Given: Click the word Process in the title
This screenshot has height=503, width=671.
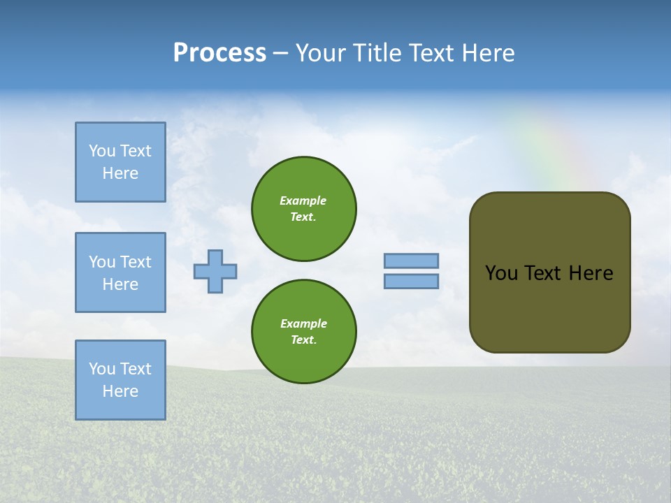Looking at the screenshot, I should point(219,53).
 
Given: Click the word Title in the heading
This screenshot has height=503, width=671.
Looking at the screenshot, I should point(375,53).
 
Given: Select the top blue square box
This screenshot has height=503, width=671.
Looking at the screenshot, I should point(120,162).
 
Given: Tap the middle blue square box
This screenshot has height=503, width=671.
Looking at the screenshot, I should point(120,272).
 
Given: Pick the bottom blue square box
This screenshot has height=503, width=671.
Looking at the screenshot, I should point(120,380).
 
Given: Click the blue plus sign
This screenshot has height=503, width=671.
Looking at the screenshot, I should point(215,271).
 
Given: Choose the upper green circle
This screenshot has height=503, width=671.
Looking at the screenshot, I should point(303,209).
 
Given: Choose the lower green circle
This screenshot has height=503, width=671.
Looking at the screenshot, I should point(303,332).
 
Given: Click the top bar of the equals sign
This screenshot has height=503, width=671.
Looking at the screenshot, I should point(411,261).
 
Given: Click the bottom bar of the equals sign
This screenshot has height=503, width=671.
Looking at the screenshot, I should point(411,282).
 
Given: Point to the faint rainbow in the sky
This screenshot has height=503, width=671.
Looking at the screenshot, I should point(552,147).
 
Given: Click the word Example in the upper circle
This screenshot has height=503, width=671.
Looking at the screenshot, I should point(303,201).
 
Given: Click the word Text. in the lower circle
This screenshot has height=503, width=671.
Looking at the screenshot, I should point(303,340).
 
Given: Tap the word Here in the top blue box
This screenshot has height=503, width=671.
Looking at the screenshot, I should point(120,173).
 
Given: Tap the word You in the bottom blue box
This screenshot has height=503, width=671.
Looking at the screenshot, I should point(101,369).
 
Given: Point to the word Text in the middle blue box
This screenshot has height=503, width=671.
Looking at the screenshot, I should point(135,262).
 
